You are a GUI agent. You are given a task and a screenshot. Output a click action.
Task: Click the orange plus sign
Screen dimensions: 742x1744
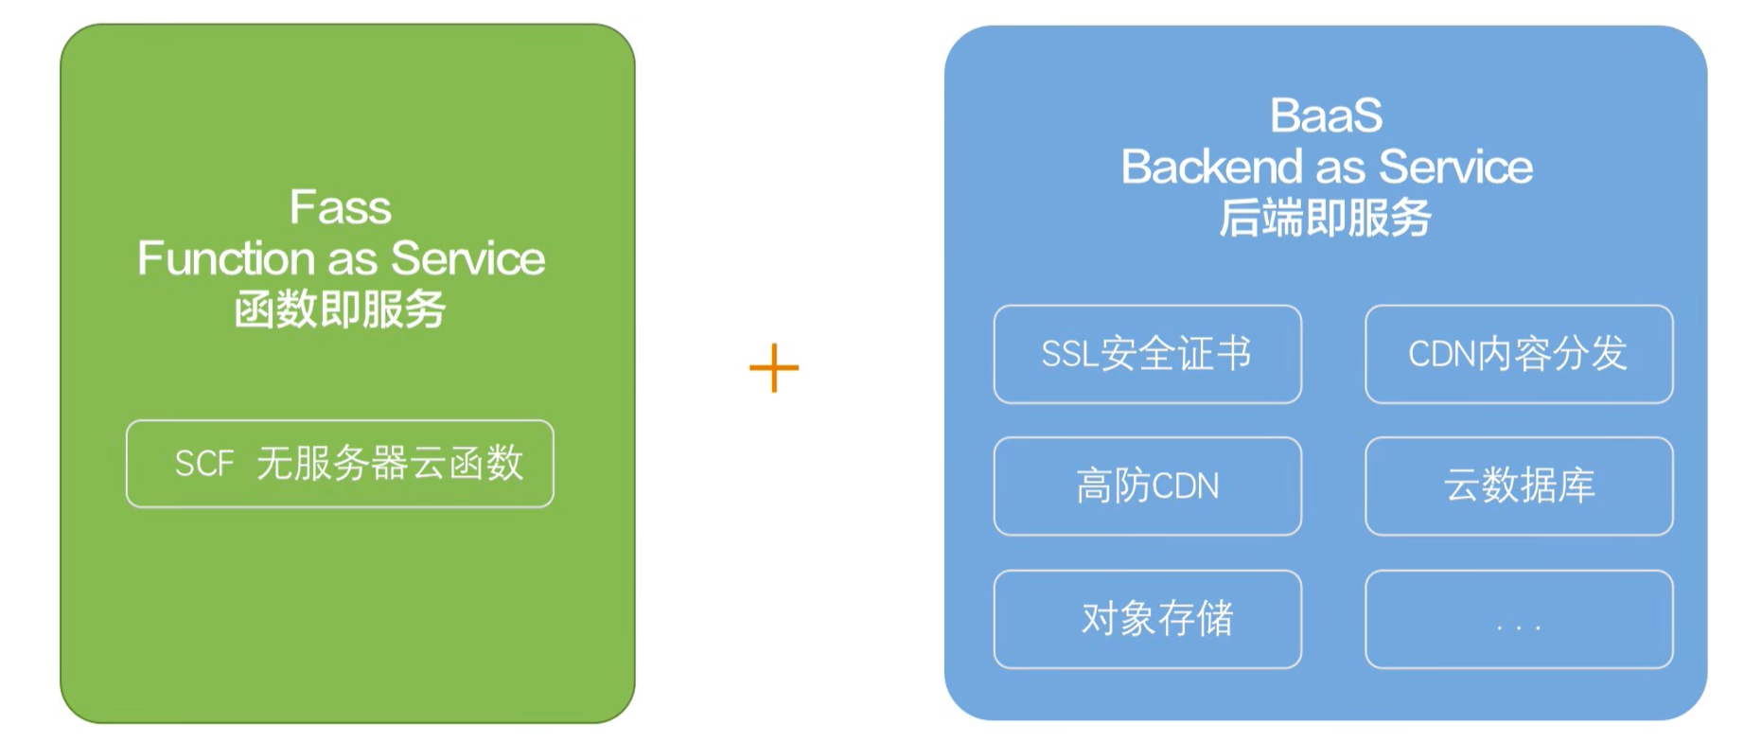774,368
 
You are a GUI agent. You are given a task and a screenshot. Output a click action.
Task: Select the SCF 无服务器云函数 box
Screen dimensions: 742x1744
340,464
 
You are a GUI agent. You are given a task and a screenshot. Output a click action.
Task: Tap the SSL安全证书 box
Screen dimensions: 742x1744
1147,354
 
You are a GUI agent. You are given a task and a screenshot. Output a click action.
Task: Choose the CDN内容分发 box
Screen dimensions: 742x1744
1518,354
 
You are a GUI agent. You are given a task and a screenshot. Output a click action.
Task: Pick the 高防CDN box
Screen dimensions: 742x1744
1147,486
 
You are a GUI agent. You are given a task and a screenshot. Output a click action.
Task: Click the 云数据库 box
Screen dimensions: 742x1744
1518,486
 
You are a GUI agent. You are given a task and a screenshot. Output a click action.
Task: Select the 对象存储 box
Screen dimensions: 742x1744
1147,619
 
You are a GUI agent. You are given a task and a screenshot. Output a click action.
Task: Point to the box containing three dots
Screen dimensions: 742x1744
1518,619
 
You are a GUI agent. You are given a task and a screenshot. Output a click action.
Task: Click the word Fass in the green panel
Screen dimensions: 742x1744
341,207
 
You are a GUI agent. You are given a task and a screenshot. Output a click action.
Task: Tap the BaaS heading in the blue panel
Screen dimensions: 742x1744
1326,116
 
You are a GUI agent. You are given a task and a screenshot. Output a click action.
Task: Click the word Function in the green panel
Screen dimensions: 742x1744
226,258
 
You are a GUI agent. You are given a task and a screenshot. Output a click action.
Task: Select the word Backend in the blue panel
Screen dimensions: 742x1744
1212,168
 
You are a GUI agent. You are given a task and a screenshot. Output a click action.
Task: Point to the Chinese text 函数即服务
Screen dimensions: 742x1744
340,309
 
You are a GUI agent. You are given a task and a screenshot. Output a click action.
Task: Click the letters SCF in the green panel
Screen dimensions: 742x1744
203,464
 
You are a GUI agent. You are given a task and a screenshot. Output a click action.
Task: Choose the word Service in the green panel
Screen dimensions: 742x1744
467,258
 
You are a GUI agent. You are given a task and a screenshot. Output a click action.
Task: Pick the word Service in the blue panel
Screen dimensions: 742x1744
1455,168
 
